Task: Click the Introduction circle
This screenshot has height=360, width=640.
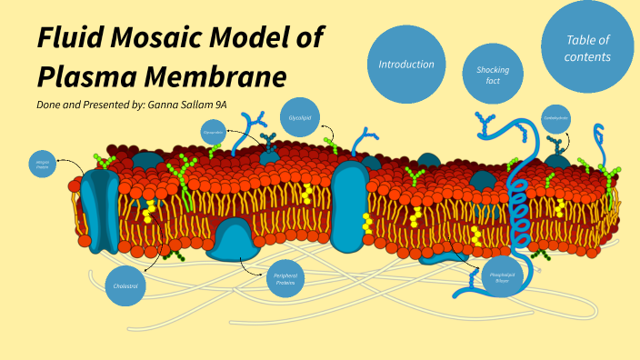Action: pos(405,65)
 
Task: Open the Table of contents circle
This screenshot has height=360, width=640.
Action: pos(586,47)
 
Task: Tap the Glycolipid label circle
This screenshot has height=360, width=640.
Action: pos(300,117)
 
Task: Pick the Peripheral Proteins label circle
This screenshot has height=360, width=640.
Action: pos(285,278)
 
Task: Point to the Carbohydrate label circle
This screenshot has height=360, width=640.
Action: pos(555,118)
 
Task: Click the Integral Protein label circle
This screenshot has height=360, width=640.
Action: pos(42,165)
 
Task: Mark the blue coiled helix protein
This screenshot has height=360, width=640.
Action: pos(520,214)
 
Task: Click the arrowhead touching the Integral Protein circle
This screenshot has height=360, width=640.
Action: pos(58,163)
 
